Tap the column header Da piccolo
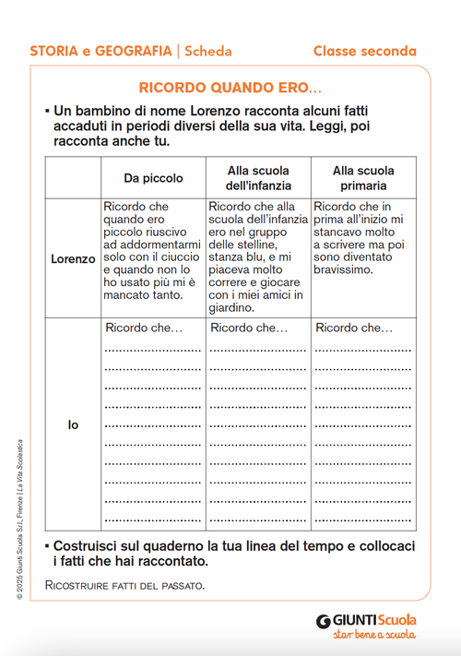[153, 178]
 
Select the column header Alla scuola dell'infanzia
[258, 178]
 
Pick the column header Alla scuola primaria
[362, 178]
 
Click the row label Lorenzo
[73, 259]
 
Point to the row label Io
[73, 425]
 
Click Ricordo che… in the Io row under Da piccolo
[144, 328]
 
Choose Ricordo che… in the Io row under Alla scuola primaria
[353, 328]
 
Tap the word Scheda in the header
[207, 52]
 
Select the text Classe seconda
[364, 52]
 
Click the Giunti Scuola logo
[366, 620]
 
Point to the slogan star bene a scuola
[373, 635]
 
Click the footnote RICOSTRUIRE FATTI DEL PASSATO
[124, 585]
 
